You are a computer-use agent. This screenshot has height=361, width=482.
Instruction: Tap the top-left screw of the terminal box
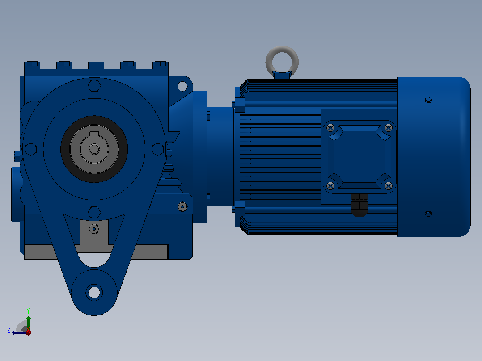[330, 128]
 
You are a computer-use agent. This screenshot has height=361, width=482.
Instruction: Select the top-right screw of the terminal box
[389, 127]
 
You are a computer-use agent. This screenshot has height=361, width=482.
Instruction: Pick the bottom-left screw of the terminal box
[330, 185]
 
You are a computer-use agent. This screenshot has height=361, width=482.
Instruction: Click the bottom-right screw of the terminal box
[389, 185]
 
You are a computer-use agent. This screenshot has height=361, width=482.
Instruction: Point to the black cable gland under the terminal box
[359, 206]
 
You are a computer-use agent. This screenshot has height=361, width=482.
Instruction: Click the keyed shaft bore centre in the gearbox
[94, 149]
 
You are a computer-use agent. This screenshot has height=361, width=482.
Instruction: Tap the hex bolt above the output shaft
[94, 85]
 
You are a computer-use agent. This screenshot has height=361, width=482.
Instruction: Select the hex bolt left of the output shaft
[31, 149]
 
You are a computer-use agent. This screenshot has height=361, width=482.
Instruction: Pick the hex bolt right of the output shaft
[158, 149]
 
